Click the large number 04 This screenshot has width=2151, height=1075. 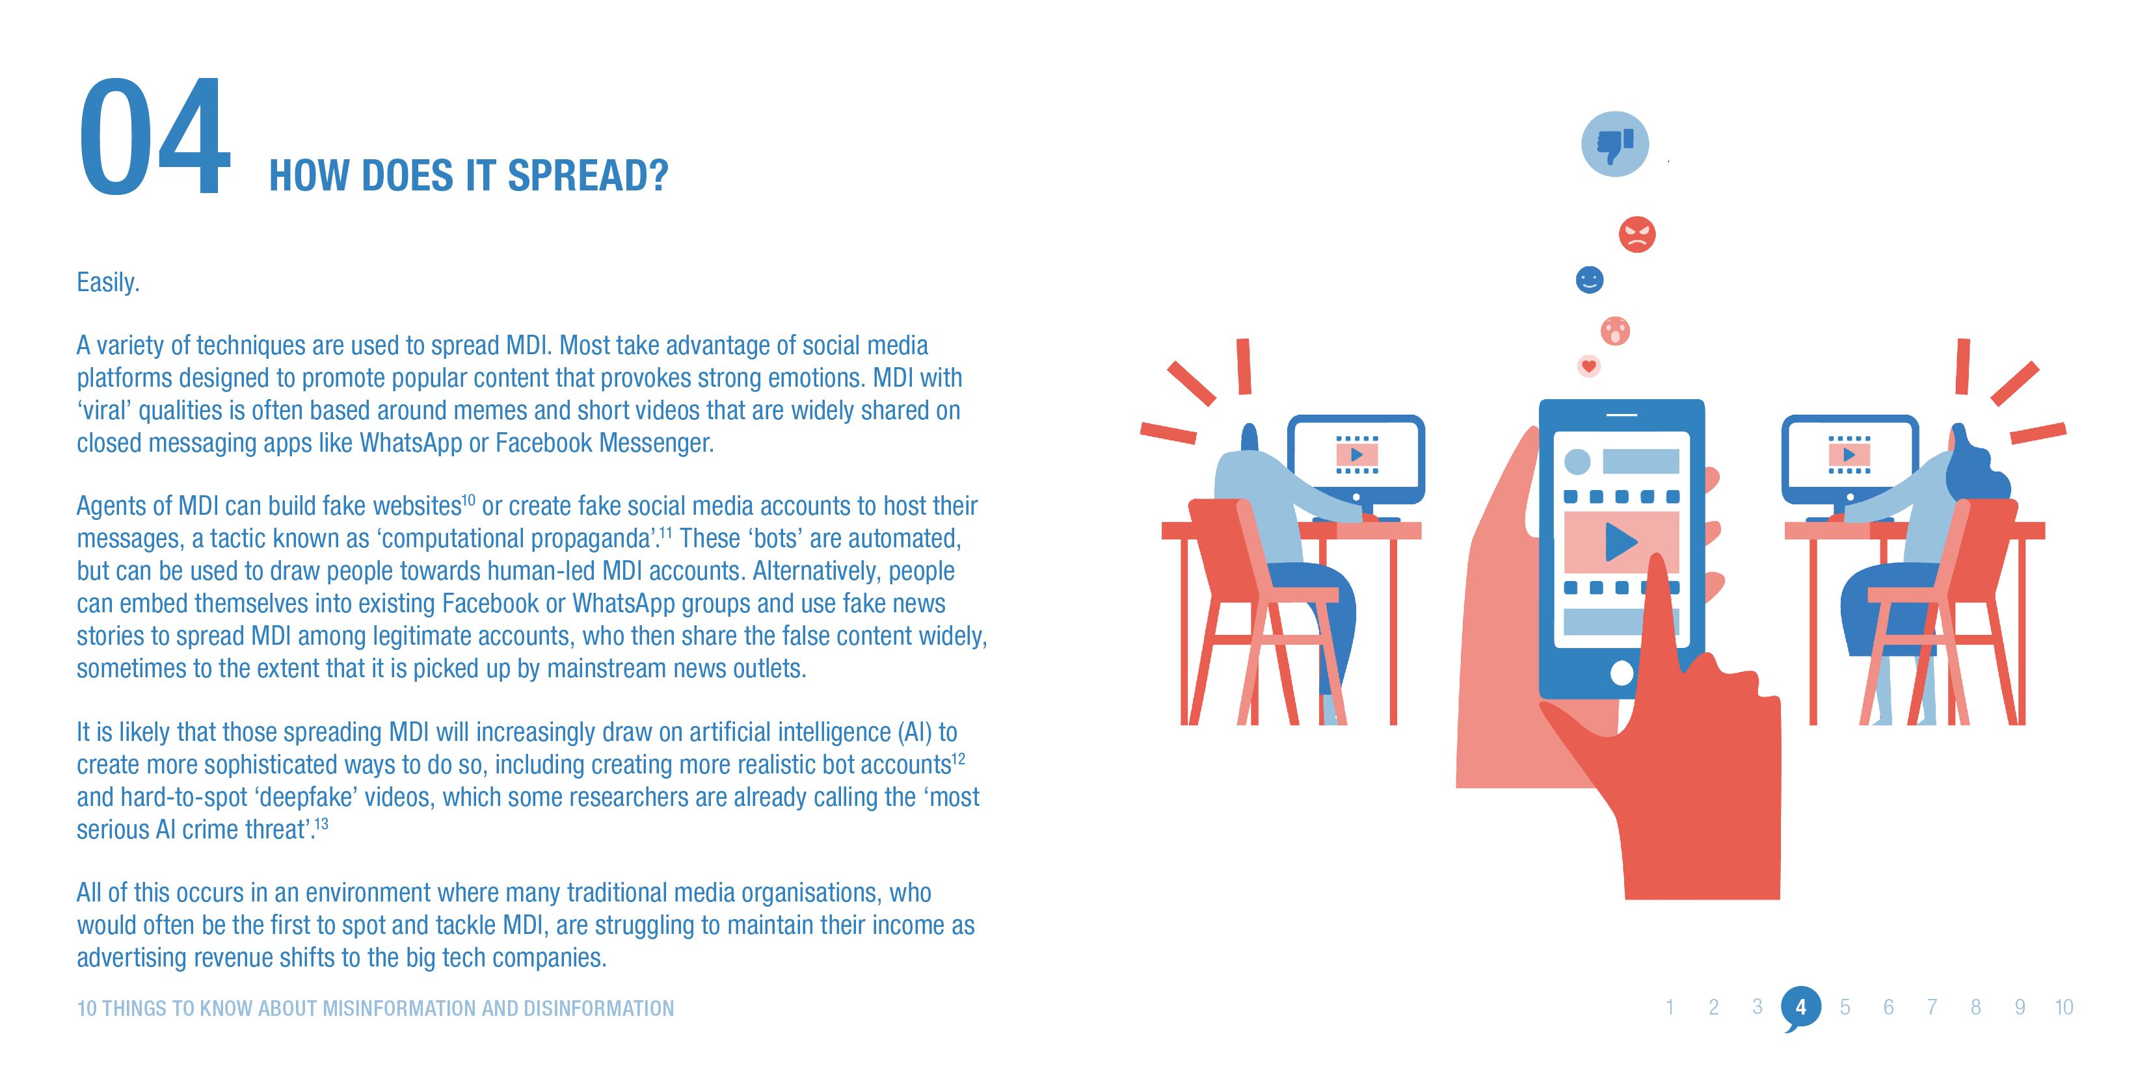154,138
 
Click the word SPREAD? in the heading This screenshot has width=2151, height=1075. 588,176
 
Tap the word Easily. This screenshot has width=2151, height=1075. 108,282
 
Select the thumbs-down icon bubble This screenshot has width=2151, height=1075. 1614,144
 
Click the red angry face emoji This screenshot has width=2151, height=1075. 1637,235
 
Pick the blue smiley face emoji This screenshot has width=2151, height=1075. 1589,279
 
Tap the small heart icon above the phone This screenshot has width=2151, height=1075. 1588,365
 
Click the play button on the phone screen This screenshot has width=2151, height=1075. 1621,541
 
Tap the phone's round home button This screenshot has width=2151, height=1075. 1622,673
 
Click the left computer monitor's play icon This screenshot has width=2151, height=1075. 1357,455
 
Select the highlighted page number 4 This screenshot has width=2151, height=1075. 1800,1007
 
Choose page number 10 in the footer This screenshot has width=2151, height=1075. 2063,1007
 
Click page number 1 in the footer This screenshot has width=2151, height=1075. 1669,1007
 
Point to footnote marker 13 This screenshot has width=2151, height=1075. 321,823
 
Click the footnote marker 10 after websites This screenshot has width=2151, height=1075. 468,500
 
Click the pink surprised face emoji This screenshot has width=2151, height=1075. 1615,331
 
